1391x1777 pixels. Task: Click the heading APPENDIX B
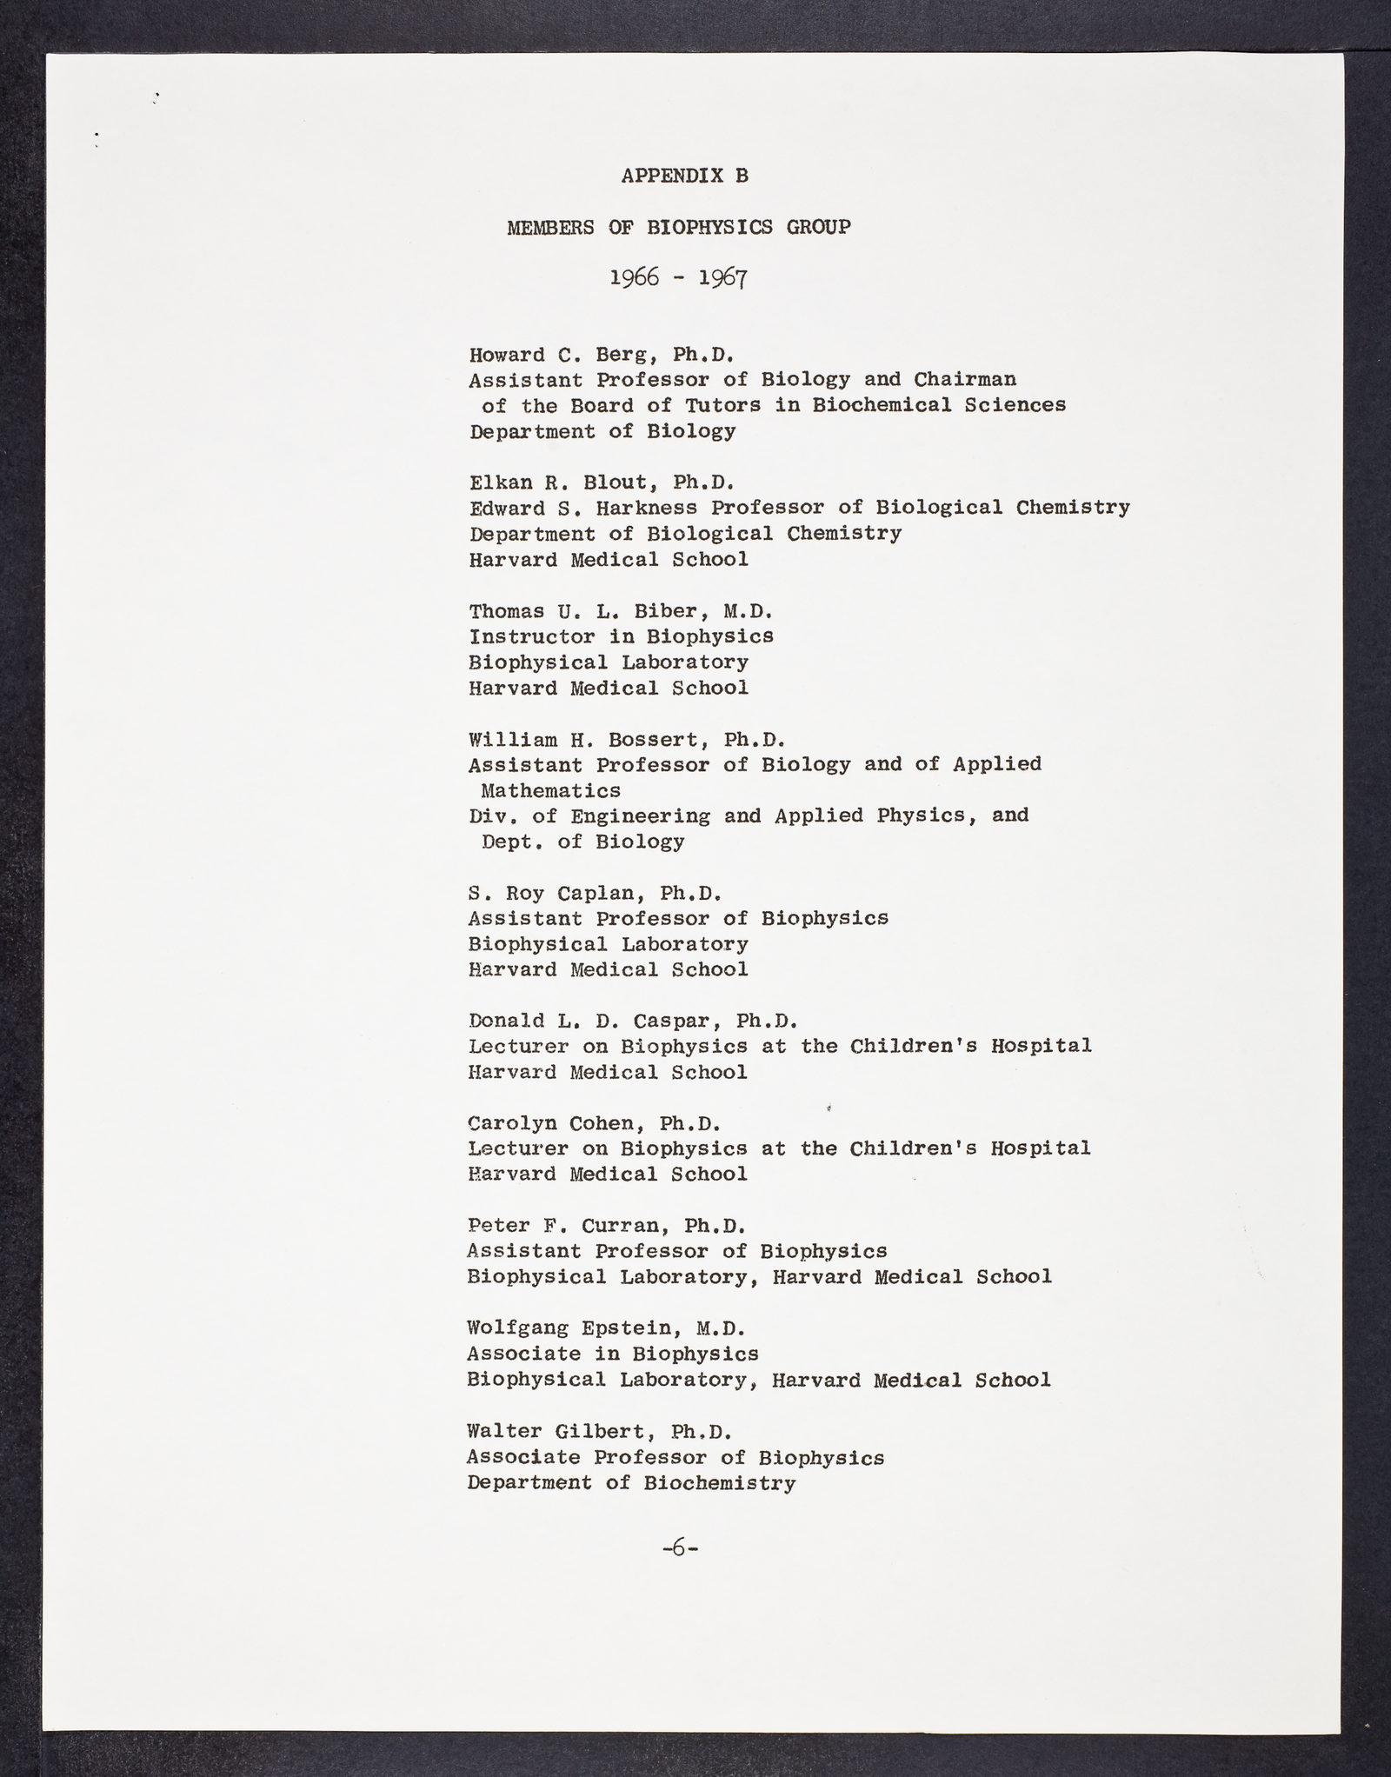click(684, 176)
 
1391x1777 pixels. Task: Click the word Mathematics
click(551, 791)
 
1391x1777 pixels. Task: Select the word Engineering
click(640, 816)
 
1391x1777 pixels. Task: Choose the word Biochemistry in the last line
click(719, 1483)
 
